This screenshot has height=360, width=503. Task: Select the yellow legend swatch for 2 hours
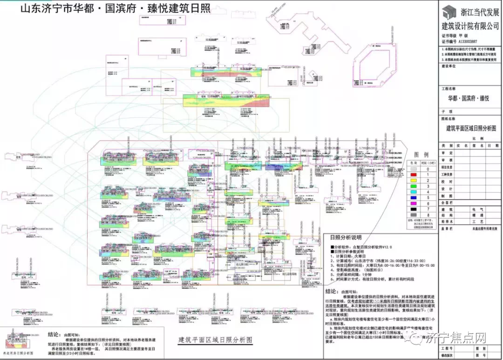413,179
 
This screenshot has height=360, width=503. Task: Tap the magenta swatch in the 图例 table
413,204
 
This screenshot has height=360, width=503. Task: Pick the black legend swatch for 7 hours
413,210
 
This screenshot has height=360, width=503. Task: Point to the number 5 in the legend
427,197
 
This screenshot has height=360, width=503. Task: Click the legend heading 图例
421,155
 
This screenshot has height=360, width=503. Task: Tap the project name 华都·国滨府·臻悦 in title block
469,99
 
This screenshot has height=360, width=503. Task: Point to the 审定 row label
447,152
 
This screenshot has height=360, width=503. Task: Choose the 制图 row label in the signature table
447,196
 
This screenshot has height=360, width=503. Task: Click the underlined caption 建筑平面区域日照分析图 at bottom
216,339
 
